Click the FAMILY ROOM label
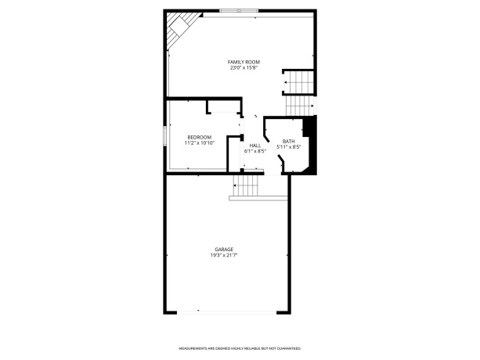244,62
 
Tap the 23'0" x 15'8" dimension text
244,68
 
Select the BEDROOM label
199,138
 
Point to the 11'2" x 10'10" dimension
199,143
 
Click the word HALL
255,146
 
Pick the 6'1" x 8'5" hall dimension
255,151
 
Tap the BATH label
289,142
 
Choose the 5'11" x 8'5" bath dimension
289,147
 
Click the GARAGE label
224,250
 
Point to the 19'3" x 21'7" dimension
224,255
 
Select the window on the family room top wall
240,10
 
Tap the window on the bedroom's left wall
164,134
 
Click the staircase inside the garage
248,185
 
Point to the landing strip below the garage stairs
258,199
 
